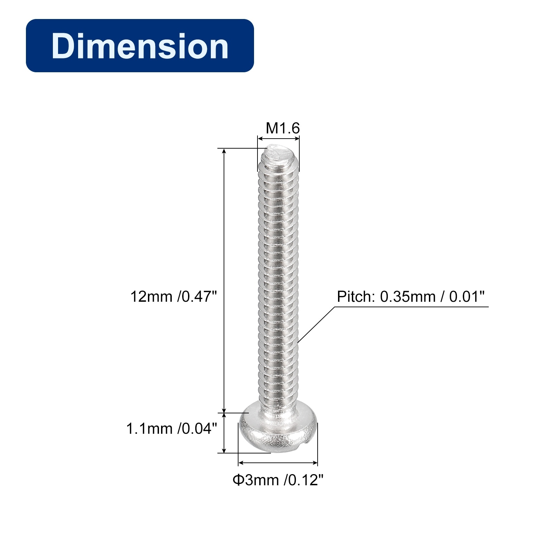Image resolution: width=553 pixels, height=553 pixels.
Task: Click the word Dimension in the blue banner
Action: [140, 46]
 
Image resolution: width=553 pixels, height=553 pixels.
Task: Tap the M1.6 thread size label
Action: [283, 128]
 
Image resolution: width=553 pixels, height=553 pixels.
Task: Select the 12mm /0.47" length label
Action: [174, 297]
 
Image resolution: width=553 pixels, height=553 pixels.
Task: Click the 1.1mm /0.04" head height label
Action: [171, 429]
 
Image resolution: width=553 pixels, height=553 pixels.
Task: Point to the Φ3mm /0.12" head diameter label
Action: [278, 480]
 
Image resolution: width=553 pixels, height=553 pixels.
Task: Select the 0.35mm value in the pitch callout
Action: [408, 297]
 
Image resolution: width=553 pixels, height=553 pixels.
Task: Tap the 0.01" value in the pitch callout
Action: [467, 297]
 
